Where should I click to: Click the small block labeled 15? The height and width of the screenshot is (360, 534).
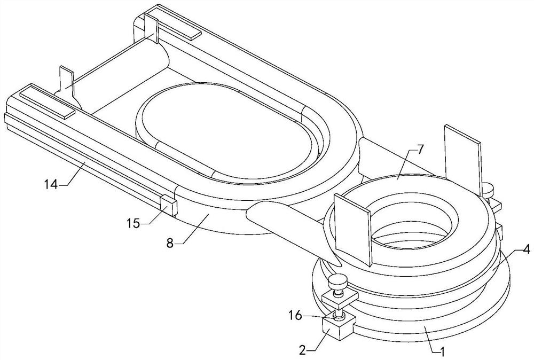point(168,206)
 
